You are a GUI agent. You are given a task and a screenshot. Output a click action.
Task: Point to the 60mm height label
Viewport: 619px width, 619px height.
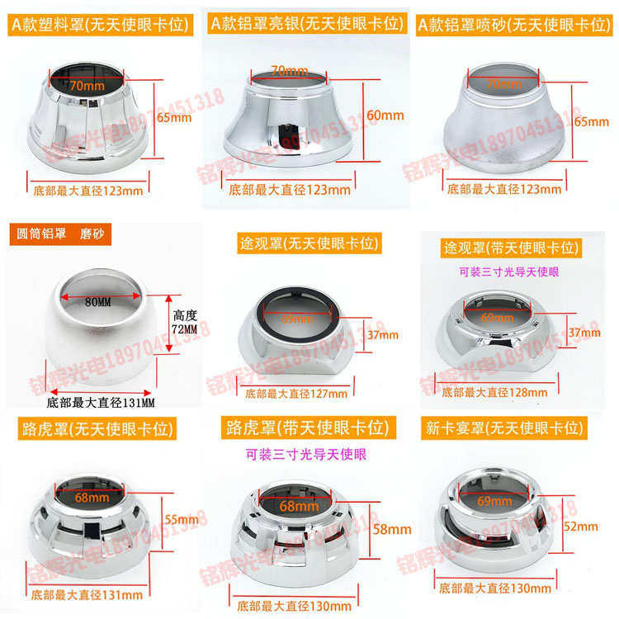[382, 116]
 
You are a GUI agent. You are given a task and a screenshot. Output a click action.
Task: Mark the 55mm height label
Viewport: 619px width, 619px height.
[181, 519]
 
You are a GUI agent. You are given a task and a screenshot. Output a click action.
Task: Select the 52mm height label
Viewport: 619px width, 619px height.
[581, 526]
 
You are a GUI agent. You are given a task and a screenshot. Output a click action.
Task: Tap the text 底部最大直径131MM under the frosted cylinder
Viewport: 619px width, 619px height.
[102, 403]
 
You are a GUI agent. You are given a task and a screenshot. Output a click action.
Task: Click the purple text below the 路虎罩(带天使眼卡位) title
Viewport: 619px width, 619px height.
[306, 454]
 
